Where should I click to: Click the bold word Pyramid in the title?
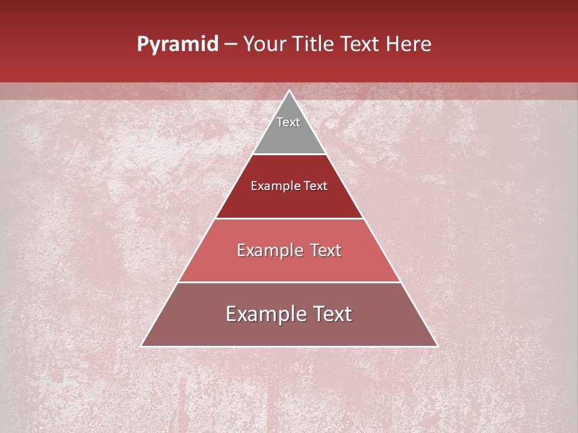click(x=177, y=45)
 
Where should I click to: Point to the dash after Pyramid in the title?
click(x=231, y=45)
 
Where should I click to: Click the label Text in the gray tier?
click(x=288, y=122)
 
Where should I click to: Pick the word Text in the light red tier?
click(x=325, y=250)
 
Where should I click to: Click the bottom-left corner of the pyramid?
click(x=142, y=346)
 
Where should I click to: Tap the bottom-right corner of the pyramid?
click(x=437, y=346)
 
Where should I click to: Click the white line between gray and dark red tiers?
click(x=289, y=154)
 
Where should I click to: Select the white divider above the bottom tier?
click(x=289, y=282)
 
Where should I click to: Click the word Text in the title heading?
click(x=361, y=45)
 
